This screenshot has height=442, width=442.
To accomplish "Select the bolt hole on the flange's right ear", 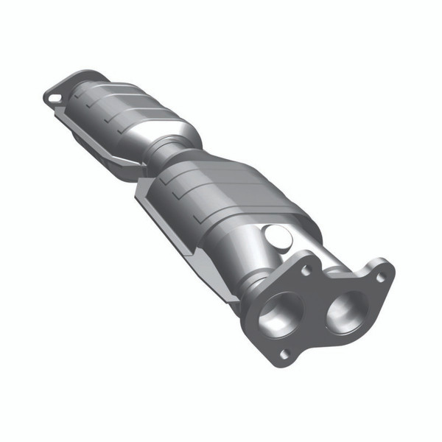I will pos(381,278).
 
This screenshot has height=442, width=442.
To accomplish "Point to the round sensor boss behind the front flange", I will pos(278,237).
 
